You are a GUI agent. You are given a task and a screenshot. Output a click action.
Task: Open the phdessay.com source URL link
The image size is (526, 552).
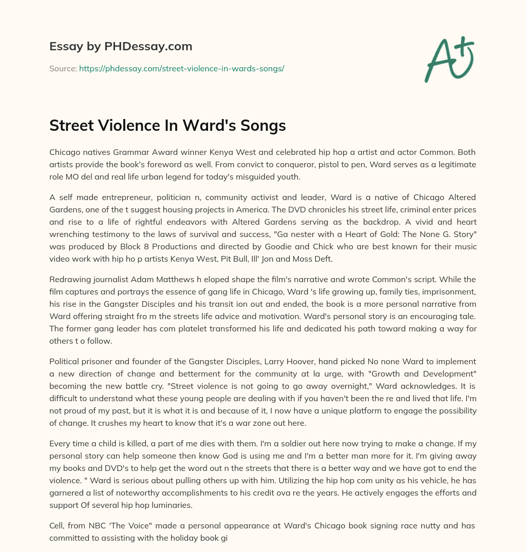pos(181,68)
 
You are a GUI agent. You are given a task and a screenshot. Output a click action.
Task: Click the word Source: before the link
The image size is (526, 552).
pos(63,68)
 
